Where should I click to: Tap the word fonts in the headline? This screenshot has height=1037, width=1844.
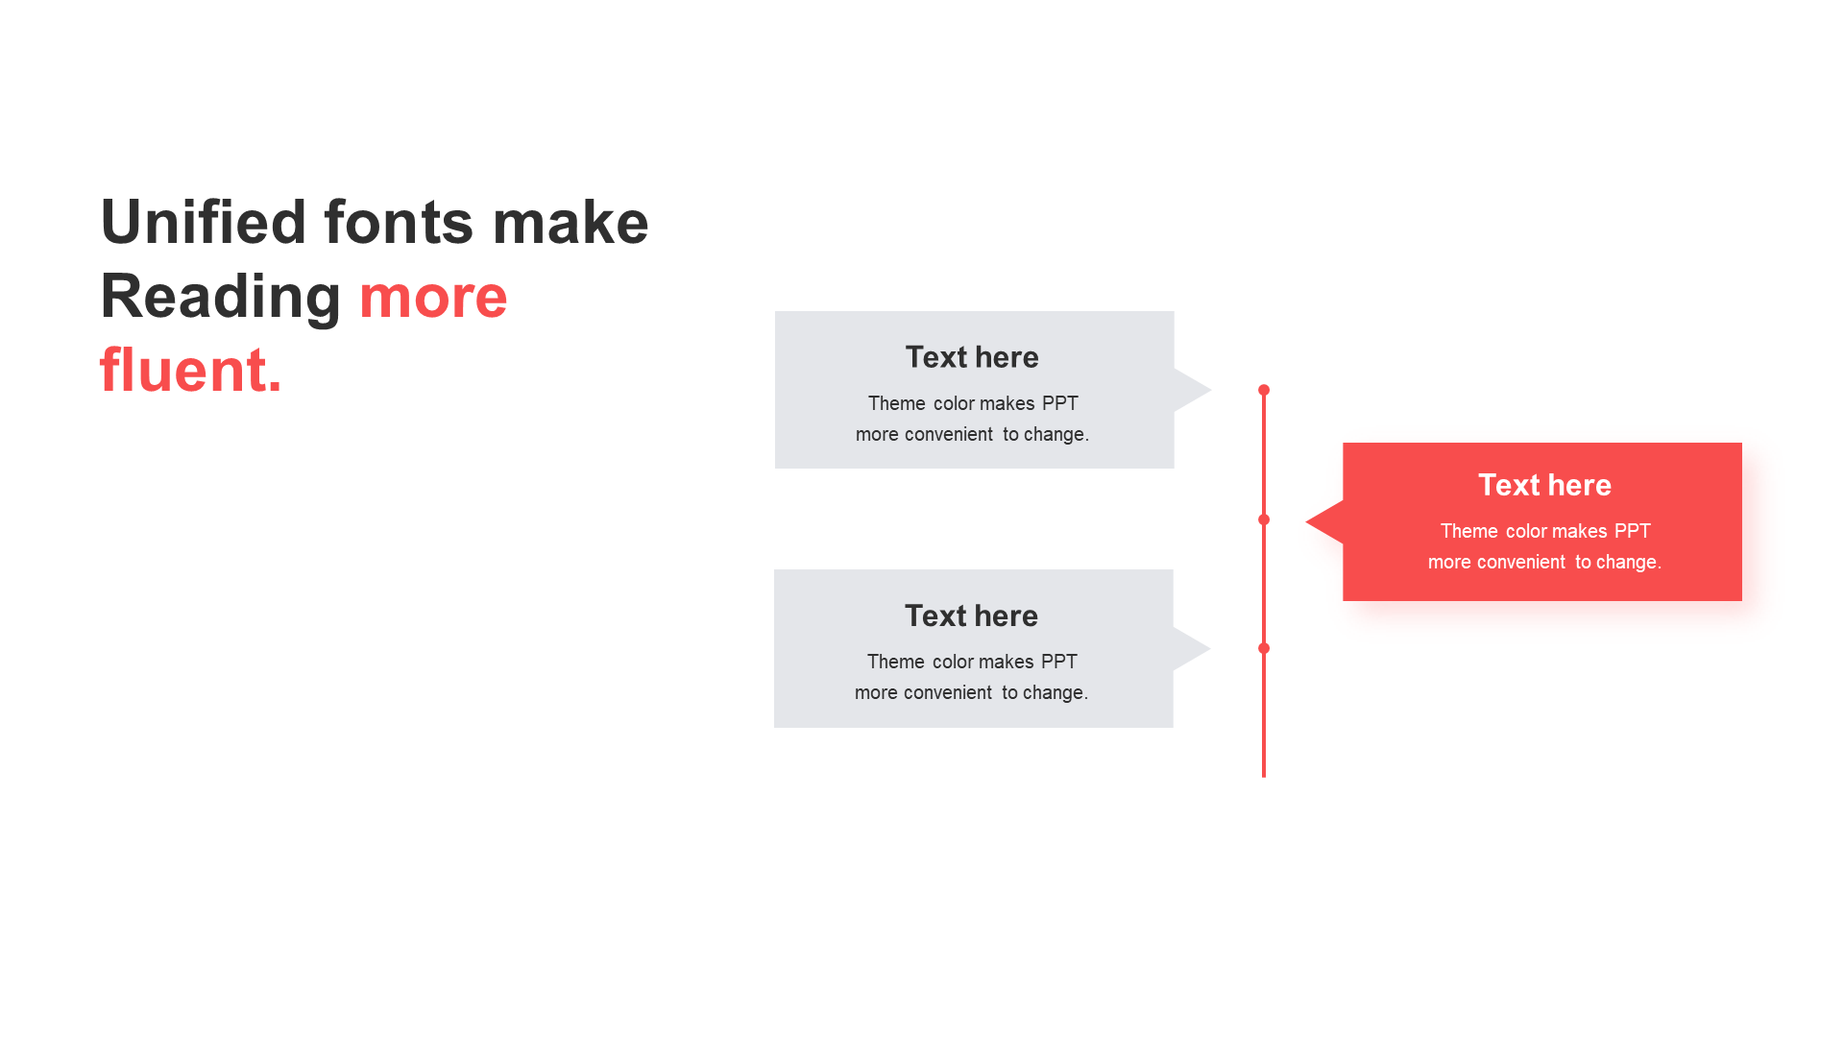point(399,222)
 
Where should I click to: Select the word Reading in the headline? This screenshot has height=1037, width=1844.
point(221,296)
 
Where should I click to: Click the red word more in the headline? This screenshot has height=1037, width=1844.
point(433,297)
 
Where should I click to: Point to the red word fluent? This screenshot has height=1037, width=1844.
point(191,370)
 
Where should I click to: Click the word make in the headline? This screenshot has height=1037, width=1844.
point(570,222)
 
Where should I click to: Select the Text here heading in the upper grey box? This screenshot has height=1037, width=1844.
point(972,357)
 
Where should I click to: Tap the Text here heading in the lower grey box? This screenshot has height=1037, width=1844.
point(971,615)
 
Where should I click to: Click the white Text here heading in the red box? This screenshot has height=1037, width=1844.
point(1544,485)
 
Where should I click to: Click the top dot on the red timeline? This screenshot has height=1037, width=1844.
point(1264,390)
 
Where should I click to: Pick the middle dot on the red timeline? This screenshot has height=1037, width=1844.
point(1264,519)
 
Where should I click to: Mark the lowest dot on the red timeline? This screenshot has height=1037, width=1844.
point(1264,648)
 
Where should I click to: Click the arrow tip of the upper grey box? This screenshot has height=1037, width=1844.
point(1211,390)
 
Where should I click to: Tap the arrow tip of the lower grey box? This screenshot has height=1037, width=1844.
point(1210,649)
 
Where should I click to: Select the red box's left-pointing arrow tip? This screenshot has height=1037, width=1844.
point(1306,522)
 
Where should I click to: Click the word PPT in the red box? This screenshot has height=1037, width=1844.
point(1633,531)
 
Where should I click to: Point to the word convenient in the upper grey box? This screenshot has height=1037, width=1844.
point(949,434)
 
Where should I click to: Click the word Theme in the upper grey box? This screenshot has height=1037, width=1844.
point(897,403)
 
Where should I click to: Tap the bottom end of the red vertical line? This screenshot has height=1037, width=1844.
point(1264,777)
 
